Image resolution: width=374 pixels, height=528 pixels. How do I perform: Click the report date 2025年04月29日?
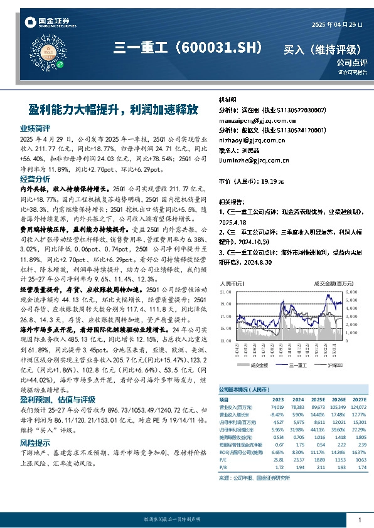pos(337,25)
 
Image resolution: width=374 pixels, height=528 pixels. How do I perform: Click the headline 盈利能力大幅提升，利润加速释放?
pos(113,109)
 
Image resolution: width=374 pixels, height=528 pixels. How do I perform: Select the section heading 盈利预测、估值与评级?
pos(58,399)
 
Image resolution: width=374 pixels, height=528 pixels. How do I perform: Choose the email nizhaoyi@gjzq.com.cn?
pos(248,140)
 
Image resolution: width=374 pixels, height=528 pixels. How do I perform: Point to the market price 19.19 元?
pos(270,181)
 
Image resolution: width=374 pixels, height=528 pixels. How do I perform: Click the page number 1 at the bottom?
pos(359,520)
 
